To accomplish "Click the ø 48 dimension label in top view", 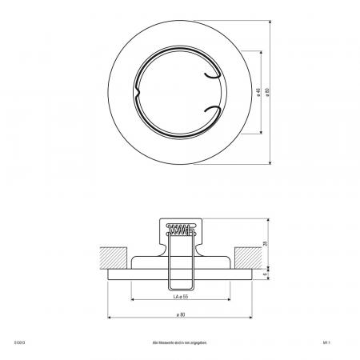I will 258,91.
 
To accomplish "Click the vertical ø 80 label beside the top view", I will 268,91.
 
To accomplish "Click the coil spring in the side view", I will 179,230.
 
